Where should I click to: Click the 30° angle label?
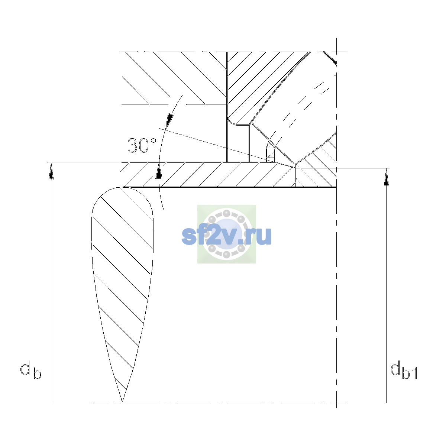[x=142, y=146]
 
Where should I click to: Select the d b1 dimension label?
[x=404, y=370]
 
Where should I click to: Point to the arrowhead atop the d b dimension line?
[x=51, y=171]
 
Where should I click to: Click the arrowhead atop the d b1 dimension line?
[x=386, y=177]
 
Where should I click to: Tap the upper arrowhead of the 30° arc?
[x=170, y=120]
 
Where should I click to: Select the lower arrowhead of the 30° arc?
[x=159, y=171]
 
